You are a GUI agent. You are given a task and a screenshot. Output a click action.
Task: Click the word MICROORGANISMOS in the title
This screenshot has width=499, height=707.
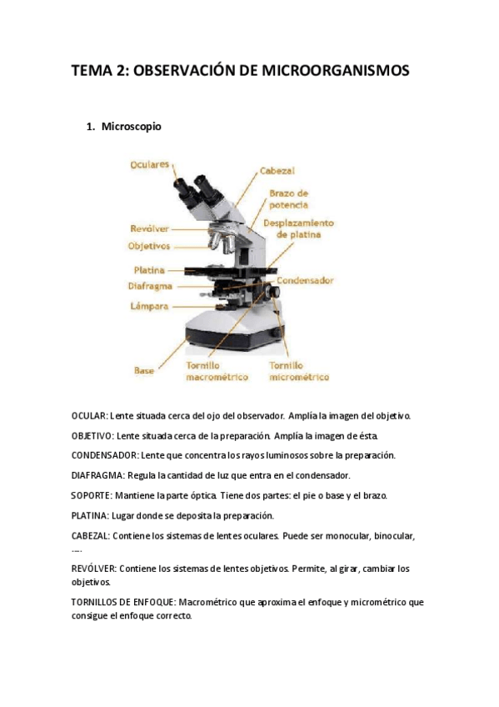point(336,70)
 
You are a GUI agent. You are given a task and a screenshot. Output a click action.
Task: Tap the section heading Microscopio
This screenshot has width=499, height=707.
point(131,127)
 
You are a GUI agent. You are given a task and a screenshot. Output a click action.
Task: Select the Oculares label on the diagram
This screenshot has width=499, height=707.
point(149,164)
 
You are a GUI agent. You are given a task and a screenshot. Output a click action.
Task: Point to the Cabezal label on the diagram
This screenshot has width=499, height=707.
point(277,171)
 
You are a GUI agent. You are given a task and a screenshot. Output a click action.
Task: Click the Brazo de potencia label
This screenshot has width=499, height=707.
point(289,199)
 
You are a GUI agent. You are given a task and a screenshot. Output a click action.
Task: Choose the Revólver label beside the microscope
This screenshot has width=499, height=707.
point(149,228)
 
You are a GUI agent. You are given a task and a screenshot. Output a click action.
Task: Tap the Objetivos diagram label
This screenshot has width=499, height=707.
point(149,246)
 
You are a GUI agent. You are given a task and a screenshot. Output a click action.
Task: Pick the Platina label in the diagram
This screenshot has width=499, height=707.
point(149,270)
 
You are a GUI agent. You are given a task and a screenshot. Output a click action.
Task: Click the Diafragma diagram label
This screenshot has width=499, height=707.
point(150,286)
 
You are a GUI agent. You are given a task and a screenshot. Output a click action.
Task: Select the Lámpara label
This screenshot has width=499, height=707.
point(149,307)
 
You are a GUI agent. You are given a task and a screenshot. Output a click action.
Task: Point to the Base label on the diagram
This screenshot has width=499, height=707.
point(144,371)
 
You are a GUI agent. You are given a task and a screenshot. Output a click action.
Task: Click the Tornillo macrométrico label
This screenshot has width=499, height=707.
point(217,371)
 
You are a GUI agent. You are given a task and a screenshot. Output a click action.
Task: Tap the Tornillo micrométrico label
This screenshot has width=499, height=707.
point(299,371)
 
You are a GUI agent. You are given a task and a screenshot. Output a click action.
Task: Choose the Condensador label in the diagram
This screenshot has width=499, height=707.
point(305,280)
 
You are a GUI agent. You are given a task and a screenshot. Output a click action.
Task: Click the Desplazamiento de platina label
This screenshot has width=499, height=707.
point(298,228)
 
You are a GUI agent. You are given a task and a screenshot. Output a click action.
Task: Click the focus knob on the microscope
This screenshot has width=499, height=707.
point(273,292)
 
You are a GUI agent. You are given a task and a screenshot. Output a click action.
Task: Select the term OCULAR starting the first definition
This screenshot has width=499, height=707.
point(89,416)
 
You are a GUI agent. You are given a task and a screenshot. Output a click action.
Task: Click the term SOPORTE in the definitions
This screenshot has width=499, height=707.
point(91,495)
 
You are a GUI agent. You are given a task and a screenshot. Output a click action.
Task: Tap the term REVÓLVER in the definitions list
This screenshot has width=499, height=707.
point(93,569)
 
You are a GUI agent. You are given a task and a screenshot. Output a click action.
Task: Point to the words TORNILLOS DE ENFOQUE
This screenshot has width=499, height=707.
point(125,603)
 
